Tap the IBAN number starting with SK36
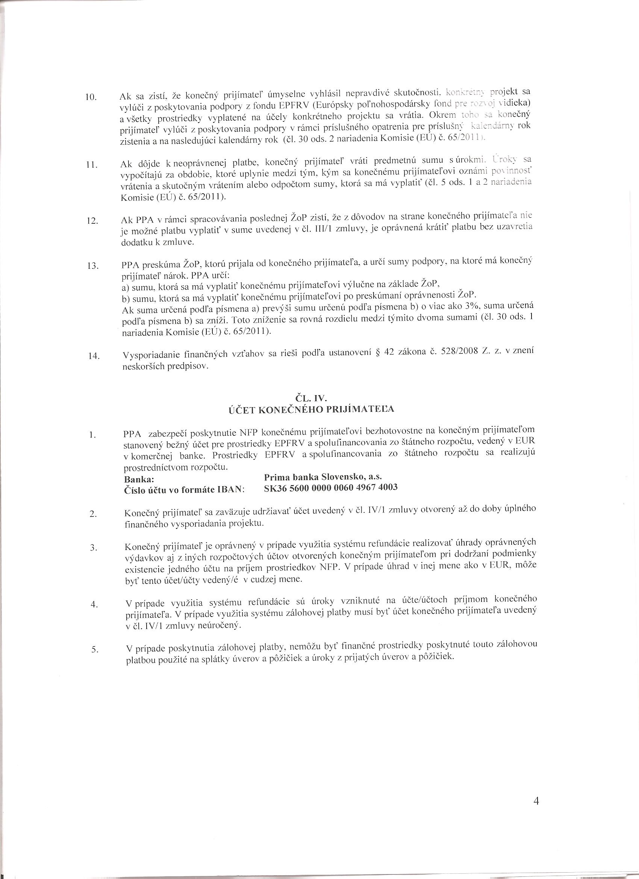(330, 488)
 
